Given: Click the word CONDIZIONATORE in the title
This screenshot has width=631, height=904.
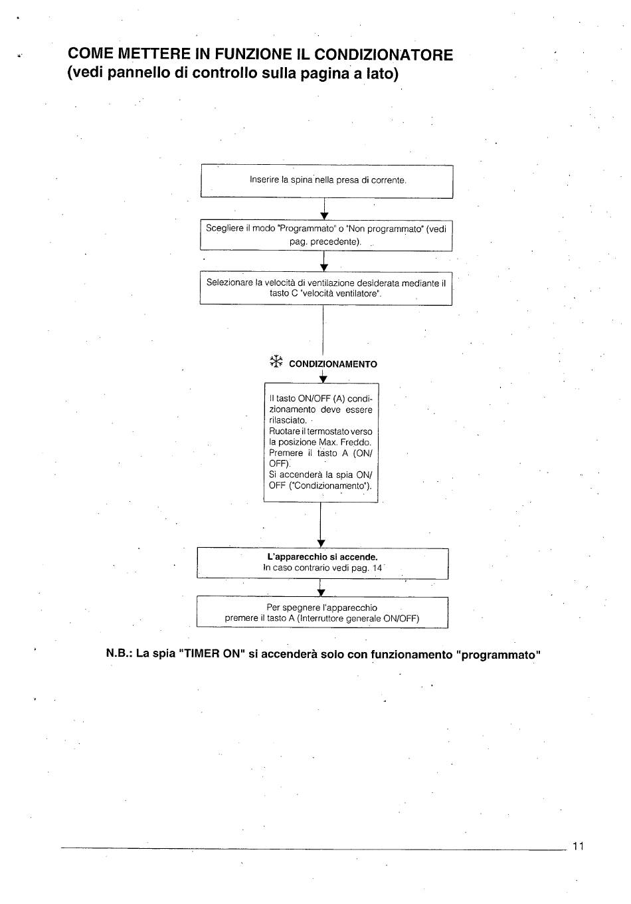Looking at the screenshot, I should click(x=383, y=54).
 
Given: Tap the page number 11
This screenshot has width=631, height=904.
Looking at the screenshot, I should click(x=578, y=846).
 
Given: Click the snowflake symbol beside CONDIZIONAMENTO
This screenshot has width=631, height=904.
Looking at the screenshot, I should click(x=276, y=362).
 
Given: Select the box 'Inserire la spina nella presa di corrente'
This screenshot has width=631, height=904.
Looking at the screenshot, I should click(x=327, y=181).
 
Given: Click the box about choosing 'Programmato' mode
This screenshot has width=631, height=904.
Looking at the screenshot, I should click(x=326, y=235).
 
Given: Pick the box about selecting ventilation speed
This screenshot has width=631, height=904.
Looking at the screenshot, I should click(x=325, y=288).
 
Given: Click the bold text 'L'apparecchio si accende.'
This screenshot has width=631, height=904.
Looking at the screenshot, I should click(x=322, y=557).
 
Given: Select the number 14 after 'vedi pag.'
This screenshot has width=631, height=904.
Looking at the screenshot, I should click(x=377, y=568).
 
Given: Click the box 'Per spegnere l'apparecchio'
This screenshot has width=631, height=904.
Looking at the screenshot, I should click(x=322, y=612).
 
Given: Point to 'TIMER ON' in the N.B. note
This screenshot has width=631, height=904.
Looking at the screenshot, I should click(x=209, y=654).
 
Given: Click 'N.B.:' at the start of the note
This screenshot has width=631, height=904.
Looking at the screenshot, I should click(x=120, y=654).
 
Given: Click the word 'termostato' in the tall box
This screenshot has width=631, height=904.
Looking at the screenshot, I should click(x=323, y=431).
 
